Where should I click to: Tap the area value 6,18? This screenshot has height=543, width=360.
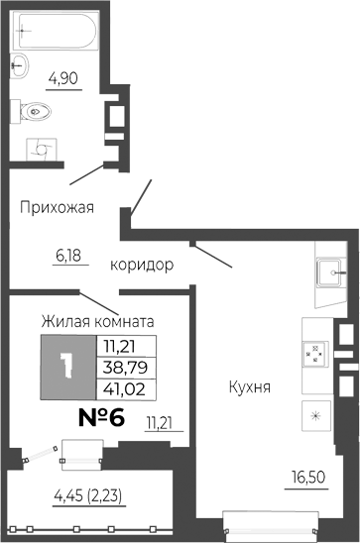66,255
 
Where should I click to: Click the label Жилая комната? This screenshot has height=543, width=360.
97,321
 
